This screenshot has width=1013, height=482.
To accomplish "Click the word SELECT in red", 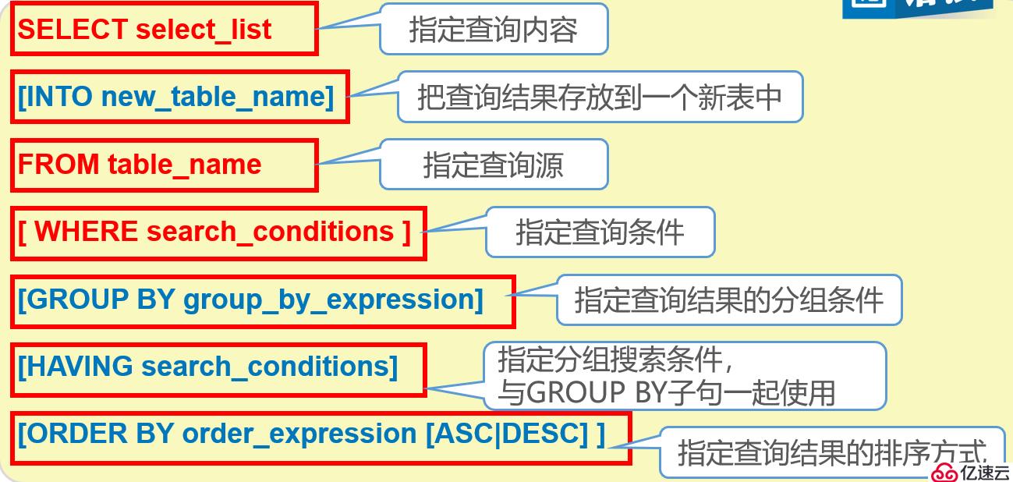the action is click(73, 30).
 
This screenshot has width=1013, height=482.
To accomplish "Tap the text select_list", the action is click(204, 30).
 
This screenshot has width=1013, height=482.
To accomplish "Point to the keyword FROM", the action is click(58, 164).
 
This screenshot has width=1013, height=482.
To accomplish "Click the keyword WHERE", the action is click(87, 232).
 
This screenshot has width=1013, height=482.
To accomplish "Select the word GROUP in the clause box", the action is click(78, 299).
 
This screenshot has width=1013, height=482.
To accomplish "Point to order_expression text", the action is click(299, 434).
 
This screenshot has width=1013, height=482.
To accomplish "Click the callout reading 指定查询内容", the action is click(494, 30).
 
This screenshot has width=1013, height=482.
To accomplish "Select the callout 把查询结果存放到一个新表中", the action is click(600, 97).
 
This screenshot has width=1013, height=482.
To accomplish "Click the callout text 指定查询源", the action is click(494, 165).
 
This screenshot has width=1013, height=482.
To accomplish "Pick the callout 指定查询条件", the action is click(600, 232).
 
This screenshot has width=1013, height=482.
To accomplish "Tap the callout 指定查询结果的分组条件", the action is click(729, 299).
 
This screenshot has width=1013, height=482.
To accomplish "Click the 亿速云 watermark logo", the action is click(970, 472).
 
